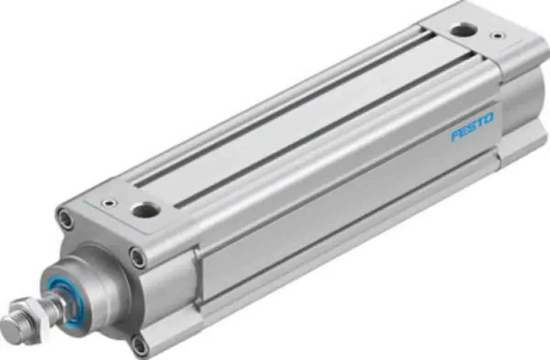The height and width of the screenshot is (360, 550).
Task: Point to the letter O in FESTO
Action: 488,118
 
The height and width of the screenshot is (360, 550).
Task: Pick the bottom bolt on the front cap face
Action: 141,346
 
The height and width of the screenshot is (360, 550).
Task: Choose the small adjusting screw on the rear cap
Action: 498,37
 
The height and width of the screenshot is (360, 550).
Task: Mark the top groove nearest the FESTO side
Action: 319,126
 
